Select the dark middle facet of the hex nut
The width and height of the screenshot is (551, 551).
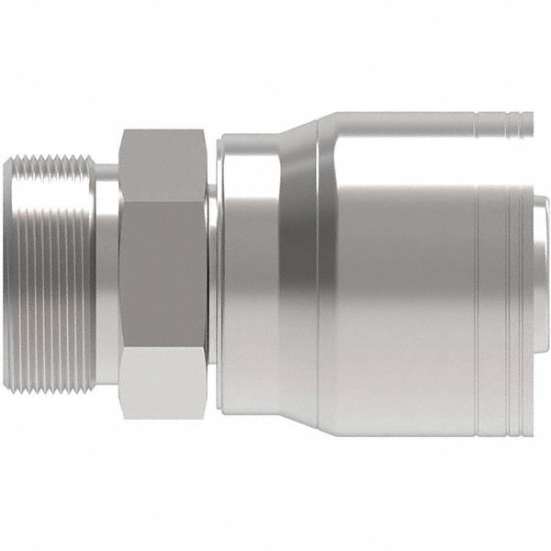[x=163, y=275]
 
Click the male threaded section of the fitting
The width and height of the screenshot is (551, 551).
[x=55, y=275]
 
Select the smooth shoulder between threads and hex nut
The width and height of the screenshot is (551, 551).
[x=108, y=275]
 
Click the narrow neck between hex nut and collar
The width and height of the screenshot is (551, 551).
[x=210, y=275]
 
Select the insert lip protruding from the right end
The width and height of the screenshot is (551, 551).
[x=540, y=275]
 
